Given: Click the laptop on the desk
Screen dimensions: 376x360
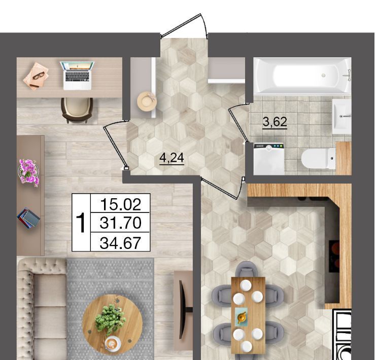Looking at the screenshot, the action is (x=78, y=76).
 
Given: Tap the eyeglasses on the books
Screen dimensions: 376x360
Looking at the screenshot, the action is (x=39, y=76).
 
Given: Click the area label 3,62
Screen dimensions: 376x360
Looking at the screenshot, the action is (x=275, y=122).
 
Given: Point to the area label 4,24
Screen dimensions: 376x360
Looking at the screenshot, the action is (x=172, y=158).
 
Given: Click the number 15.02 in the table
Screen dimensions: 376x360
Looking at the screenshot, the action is (x=120, y=204).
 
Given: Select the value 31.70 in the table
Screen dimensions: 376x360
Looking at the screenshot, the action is (x=120, y=223).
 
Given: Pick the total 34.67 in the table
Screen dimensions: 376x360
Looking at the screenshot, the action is (x=120, y=243).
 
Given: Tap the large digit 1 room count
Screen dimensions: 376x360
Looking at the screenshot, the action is (x=81, y=223).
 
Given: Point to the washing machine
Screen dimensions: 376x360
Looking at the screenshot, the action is (x=269, y=159).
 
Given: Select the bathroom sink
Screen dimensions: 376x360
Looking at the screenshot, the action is (x=341, y=116).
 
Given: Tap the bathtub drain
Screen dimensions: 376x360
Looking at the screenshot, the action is (x=324, y=75).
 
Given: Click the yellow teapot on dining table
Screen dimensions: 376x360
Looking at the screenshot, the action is (x=241, y=317).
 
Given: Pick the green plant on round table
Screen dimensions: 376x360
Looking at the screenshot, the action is (x=110, y=319).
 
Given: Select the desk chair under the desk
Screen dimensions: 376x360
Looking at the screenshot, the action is (x=77, y=110).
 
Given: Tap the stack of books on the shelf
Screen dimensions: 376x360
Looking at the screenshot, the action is (x=28, y=218).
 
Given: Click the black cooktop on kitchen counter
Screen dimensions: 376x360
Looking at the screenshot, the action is (x=334, y=256).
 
